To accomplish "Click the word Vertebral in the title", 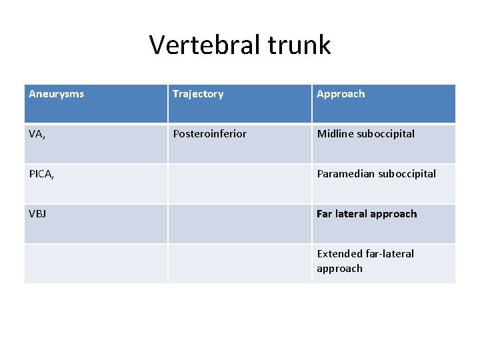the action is pos(203,45).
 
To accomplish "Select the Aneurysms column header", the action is pos(57,94).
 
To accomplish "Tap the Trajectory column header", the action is pos(198,94).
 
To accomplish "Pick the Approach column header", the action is pos(341,94).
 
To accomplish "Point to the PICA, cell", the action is pos(41,174).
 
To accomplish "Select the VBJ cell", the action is pos(38,214).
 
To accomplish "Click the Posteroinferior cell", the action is pos(209,134).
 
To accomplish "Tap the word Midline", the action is pos(336,134).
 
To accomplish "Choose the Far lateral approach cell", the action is pos(367,214).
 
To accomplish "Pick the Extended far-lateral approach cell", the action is pos(365,261).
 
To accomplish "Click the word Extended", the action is pos(340,254).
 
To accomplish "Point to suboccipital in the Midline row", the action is pos(386,134).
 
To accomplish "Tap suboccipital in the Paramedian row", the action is pos(407,174).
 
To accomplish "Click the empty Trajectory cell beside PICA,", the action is pos(239,183).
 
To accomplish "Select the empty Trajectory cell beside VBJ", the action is pos(239,223).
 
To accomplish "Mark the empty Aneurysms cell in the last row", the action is pos(95,263).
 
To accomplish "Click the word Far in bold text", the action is pos(325,214).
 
